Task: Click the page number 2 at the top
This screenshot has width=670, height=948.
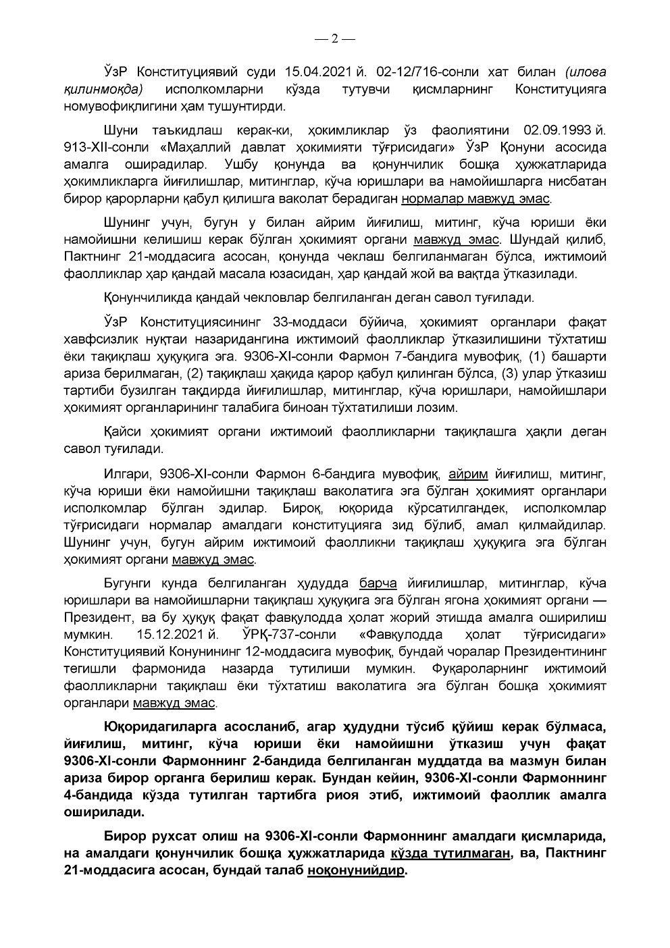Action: (x=334, y=38)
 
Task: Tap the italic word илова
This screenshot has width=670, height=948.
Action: (x=586, y=72)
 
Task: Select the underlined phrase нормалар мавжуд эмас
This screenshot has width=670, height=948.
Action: (x=476, y=199)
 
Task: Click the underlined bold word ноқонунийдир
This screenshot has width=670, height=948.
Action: (x=357, y=870)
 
